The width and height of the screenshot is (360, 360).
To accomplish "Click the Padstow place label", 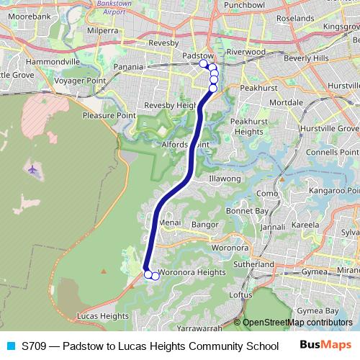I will point(198,55).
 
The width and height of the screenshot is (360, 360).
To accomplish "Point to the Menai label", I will point(170,223).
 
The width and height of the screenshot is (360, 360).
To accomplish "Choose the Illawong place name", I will point(224,178).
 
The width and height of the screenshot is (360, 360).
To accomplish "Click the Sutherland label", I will point(249,264).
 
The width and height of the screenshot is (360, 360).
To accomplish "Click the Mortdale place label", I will point(285,103).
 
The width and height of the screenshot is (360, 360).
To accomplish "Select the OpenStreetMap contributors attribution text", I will point(297,323).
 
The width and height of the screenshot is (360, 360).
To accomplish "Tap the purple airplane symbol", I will point(33,169).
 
